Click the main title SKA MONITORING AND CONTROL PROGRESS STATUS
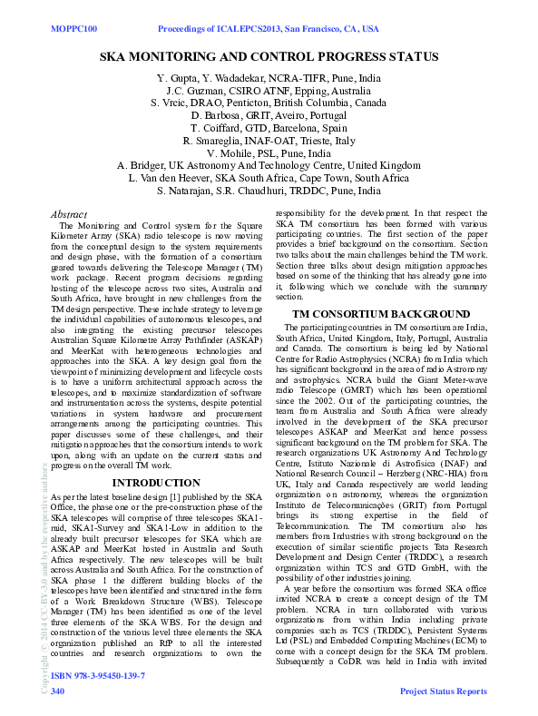269,57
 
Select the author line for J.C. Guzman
269,92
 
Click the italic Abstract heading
72,213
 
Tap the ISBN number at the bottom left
98,677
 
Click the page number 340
58,691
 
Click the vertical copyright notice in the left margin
44,572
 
